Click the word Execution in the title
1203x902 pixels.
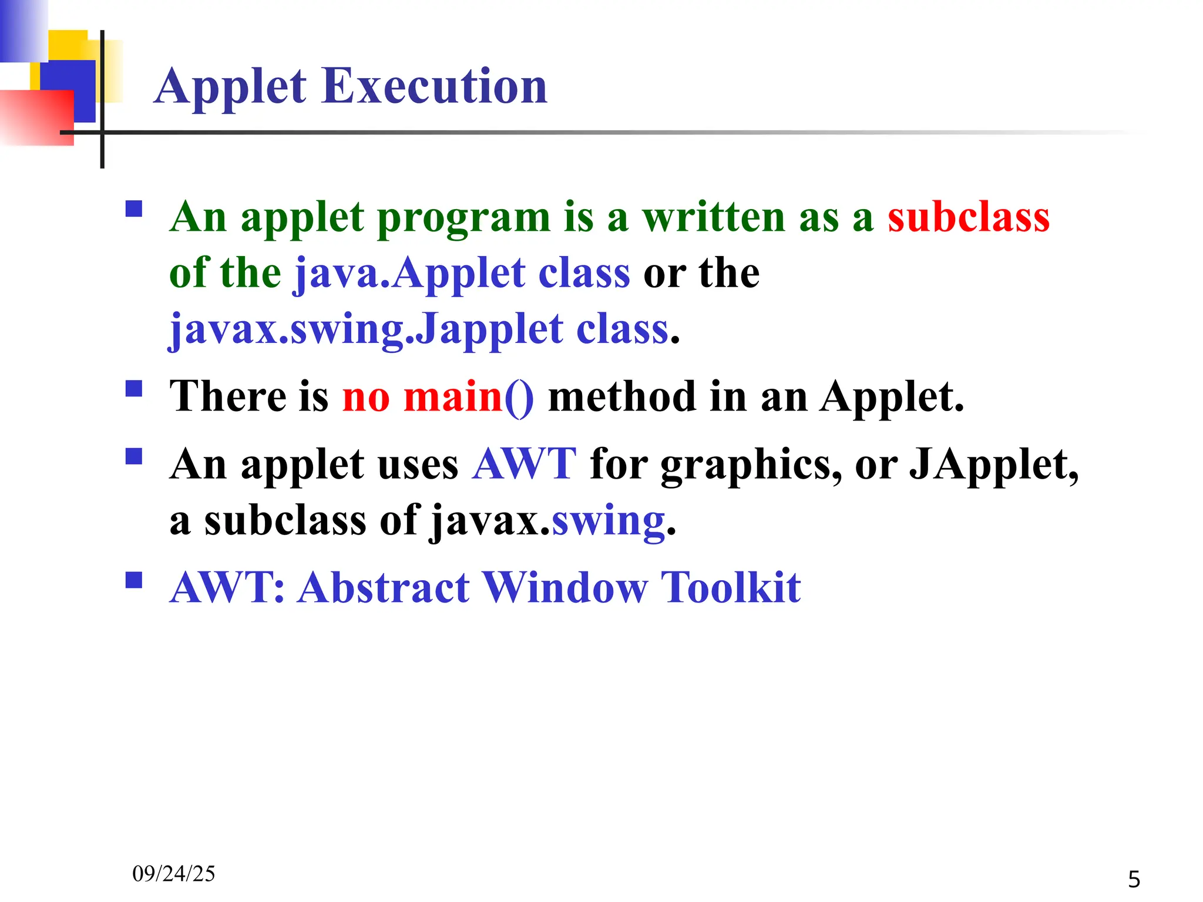click(434, 86)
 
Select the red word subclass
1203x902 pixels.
click(968, 217)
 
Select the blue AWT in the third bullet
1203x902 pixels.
click(524, 465)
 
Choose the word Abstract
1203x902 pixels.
click(384, 587)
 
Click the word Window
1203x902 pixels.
click(565, 587)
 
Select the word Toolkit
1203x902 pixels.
click(731, 587)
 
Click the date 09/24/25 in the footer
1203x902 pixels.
click(174, 874)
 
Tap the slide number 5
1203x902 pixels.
click(1134, 880)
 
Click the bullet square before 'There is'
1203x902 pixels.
click(134, 389)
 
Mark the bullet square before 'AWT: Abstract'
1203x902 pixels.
click(134, 580)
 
